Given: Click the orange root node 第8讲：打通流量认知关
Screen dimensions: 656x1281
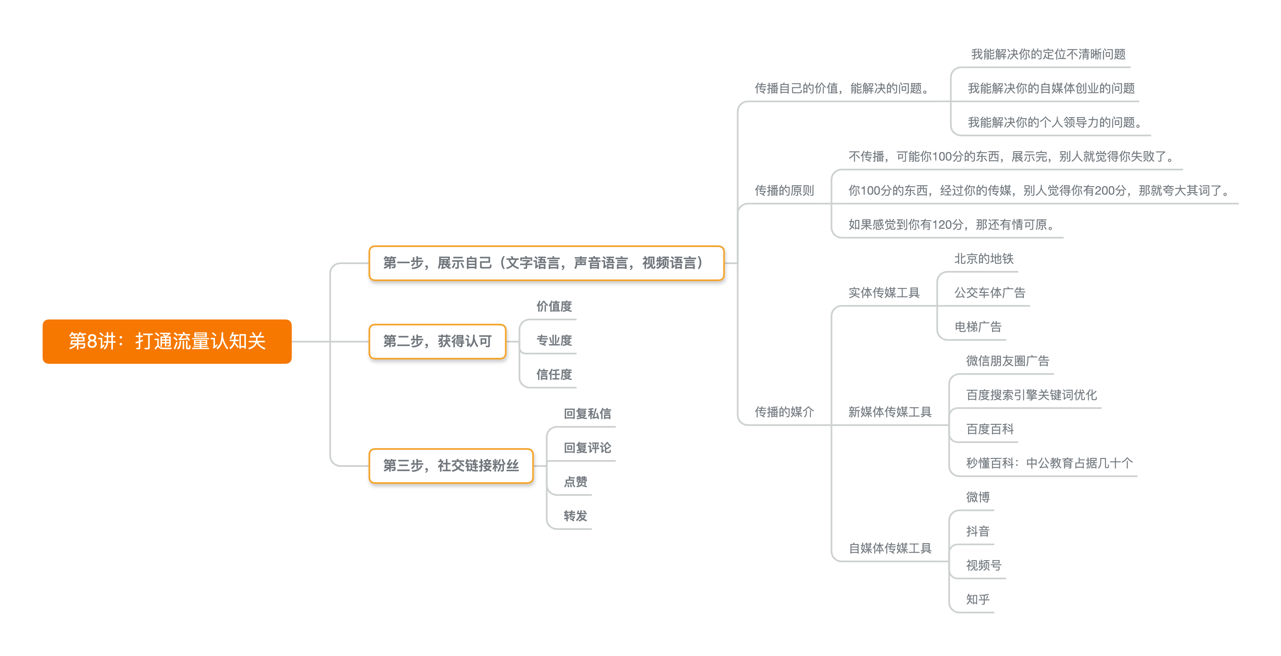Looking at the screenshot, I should [167, 342].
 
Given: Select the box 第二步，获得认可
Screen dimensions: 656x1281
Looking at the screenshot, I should [437, 342].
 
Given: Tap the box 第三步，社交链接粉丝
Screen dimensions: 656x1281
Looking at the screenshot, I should [451, 466].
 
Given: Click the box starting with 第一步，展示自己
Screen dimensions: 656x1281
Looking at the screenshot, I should [546, 263].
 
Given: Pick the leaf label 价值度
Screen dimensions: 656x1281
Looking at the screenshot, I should [554, 306].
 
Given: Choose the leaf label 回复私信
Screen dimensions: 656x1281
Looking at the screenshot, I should [587, 414].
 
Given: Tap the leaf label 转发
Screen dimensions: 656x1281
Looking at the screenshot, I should [575, 516].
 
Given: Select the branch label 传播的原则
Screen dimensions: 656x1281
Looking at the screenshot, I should [784, 190].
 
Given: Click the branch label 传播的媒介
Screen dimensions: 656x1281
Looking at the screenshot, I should [784, 412].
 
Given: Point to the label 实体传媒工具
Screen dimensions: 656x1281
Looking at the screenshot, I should [884, 293].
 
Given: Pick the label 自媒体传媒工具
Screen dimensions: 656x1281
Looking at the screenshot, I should [890, 548].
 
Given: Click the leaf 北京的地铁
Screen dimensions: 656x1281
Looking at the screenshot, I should [983, 259].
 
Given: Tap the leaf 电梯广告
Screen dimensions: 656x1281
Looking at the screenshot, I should [977, 327].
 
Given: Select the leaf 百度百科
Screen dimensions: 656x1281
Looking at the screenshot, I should [989, 429].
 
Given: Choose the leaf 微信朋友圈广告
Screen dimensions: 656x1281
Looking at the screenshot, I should [1007, 361].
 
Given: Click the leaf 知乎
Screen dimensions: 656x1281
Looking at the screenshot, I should [977, 599].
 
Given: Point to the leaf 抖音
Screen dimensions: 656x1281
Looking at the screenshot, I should [977, 531].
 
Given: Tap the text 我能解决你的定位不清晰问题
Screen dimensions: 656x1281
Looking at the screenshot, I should [1048, 54].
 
